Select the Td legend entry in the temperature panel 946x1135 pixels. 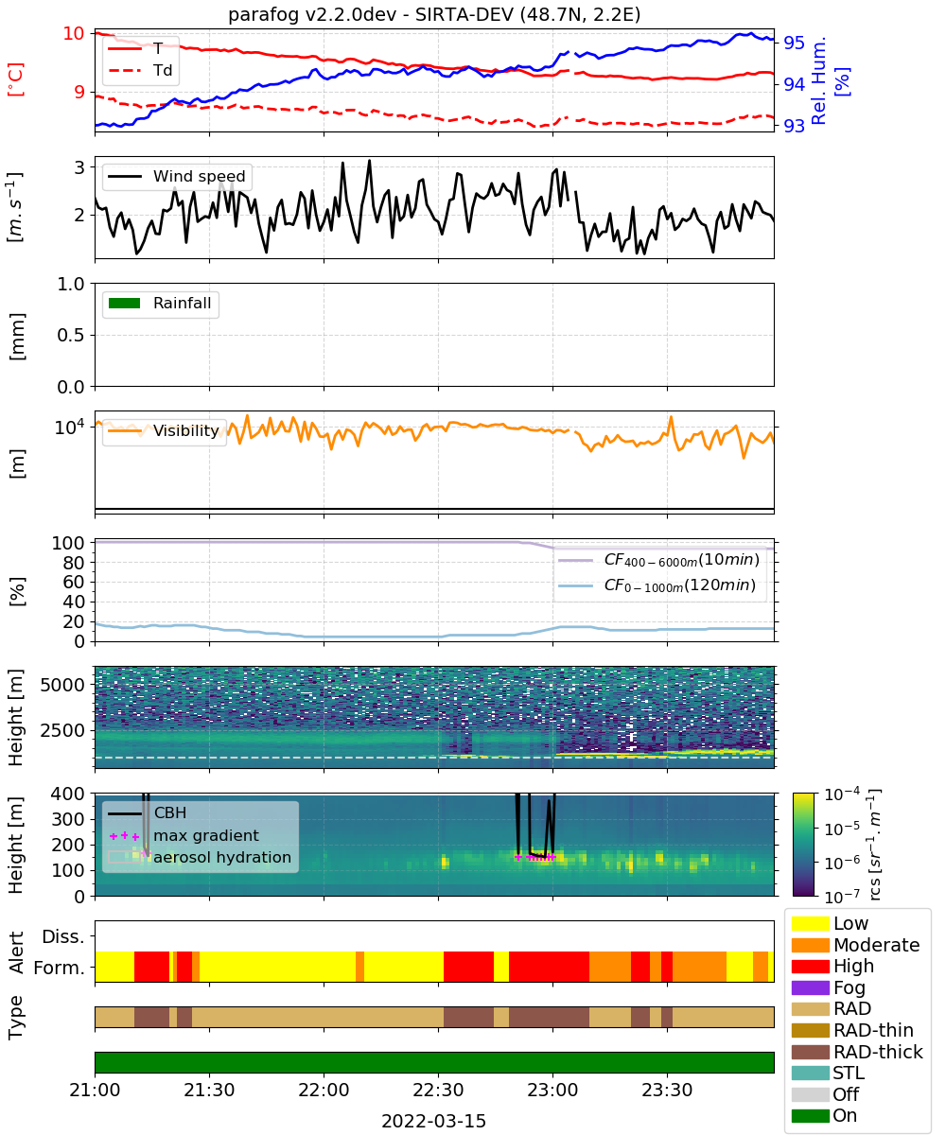tap(140, 70)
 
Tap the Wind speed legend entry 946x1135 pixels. tap(177, 176)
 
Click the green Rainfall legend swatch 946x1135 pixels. tap(125, 304)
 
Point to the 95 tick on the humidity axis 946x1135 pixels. tap(794, 43)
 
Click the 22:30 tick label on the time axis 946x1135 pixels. tap(438, 1090)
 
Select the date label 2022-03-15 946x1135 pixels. tap(434, 1121)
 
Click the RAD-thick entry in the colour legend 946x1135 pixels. tap(857, 1052)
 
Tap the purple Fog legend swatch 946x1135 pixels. tap(810, 987)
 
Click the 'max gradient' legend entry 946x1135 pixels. tap(184, 835)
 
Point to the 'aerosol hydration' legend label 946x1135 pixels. tap(222, 857)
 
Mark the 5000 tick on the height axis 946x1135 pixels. tap(62, 685)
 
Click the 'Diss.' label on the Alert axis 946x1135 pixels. tap(63, 936)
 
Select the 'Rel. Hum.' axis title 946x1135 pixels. tap(818, 80)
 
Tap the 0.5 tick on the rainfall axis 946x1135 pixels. tap(71, 336)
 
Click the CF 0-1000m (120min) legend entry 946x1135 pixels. tap(657, 585)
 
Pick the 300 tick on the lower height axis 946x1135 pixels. tap(68, 819)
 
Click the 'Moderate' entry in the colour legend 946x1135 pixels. tap(856, 945)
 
